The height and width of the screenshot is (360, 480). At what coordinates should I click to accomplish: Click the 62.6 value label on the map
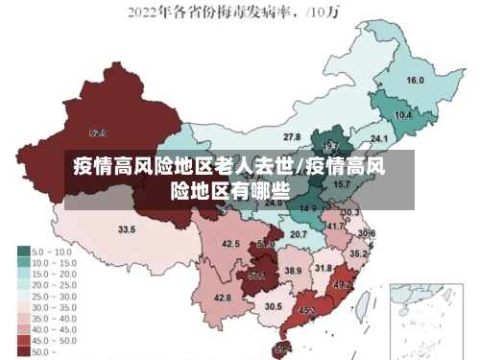click(x=98, y=132)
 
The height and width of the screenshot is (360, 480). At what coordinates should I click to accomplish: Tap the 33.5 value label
click(x=127, y=229)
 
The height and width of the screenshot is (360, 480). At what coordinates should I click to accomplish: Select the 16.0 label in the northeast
click(x=416, y=81)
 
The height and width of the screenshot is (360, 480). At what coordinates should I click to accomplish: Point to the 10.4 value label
click(x=403, y=115)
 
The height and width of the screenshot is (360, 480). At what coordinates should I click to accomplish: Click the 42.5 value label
click(x=230, y=244)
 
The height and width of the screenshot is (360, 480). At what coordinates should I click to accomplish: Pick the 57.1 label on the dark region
click(x=257, y=276)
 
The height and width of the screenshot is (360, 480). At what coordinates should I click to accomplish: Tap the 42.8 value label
click(x=223, y=298)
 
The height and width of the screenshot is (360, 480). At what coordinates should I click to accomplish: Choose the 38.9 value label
click(x=293, y=272)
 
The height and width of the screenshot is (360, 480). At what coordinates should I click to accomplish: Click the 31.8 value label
click(x=324, y=268)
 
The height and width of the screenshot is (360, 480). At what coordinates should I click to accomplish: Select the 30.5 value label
click(x=274, y=306)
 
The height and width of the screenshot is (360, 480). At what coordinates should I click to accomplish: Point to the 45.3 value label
click(x=308, y=310)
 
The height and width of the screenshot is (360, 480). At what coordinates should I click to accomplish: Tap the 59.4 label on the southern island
click(x=283, y=348)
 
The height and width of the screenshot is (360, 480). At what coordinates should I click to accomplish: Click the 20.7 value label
click(x=299, y=233)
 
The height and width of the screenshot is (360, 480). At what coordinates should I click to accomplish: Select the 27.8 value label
click(x=292, y=137)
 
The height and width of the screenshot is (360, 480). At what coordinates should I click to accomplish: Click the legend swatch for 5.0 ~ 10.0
click(x=23, y=252)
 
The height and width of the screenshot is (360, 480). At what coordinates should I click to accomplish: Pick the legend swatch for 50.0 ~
click(x=23, y=352)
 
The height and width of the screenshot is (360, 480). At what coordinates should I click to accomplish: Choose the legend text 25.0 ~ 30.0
click(x=55, y=297)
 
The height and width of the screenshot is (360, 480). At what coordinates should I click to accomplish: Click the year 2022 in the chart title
click(x=144, y=12)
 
